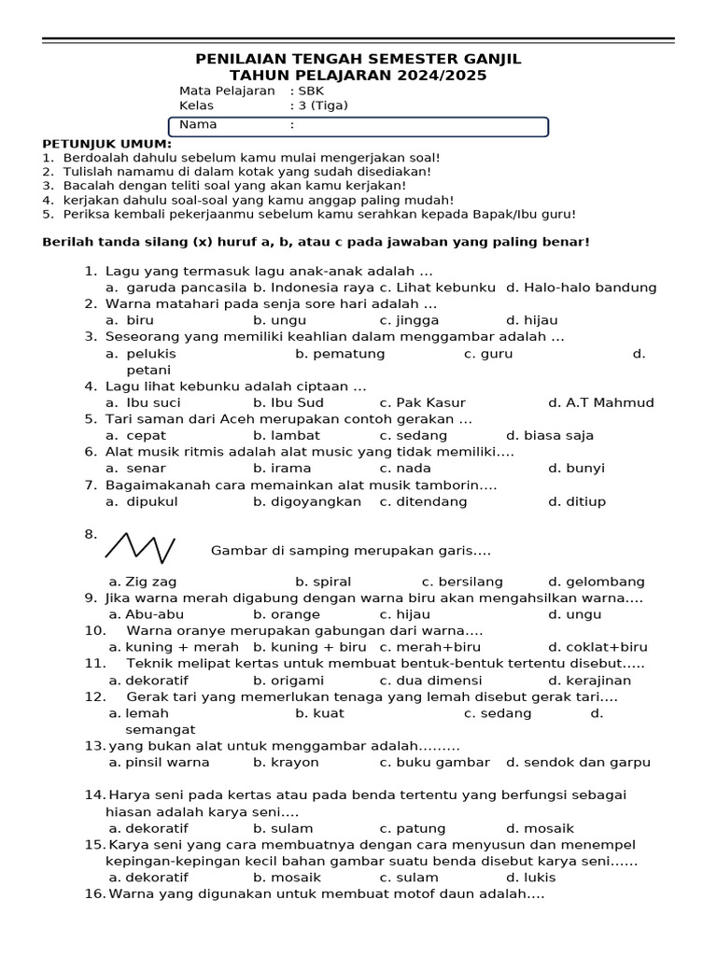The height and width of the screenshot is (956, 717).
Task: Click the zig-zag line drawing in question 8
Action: pyautogui.click(x=140, y=546)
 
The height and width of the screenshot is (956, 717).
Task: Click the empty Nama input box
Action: pyautogui.click(x=420, y=125)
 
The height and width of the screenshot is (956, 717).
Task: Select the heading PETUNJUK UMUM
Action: pyautogui.click(x=107, y=144)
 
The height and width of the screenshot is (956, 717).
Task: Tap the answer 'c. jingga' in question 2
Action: pyautogui.click(x=409, y=320)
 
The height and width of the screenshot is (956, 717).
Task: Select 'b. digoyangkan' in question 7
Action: pyautogui.click(x=307, y=501)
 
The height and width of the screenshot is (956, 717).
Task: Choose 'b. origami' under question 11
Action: pyautogui.click(x=288, y=681)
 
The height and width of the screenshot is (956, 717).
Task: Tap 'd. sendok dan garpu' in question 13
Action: pyautogui.click(x=578, y=762)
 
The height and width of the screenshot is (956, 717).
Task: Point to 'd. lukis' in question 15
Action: pyautogui.click(x=530, y=878)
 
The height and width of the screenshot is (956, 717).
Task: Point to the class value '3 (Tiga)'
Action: pyautogui.click(x=322, y=105)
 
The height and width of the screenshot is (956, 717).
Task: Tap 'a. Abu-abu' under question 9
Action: pyautogui.click(x=147, y=614)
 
